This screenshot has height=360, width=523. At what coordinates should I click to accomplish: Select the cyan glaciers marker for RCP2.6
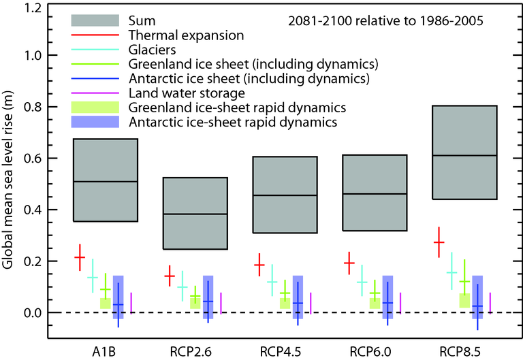pos(182,287)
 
